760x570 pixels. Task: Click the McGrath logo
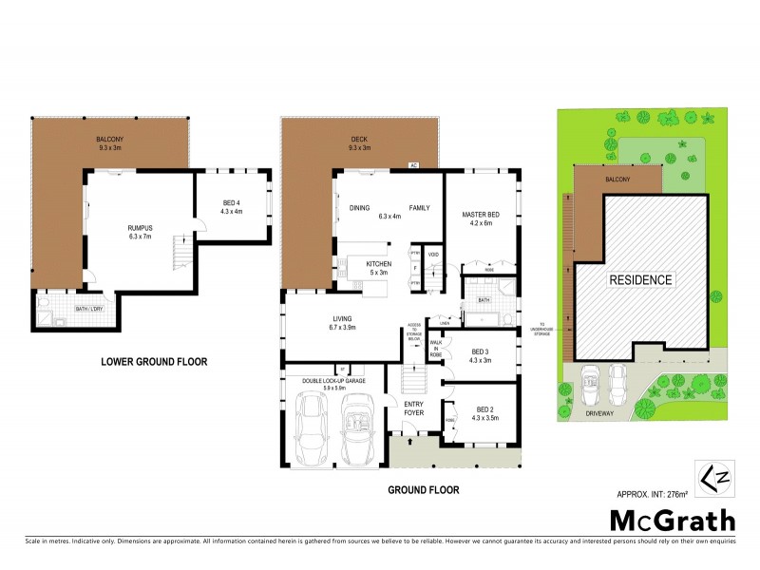672,520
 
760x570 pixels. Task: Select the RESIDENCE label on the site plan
641,279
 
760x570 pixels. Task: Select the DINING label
359,207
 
